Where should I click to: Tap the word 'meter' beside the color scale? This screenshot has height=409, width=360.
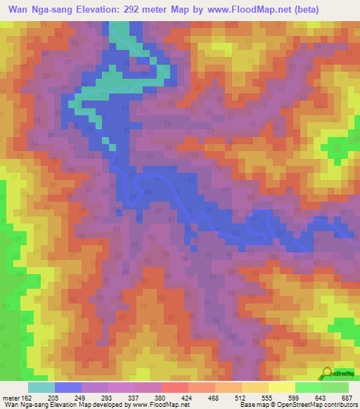tap(11, 397)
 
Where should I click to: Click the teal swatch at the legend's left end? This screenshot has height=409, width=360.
tap(41, 387)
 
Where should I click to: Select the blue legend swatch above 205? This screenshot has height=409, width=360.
tap(68, 387)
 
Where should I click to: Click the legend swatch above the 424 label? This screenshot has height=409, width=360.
tap(174, 387)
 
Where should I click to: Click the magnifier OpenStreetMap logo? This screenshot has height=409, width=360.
tap(326, 372)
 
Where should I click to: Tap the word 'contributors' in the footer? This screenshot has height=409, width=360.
tap(340, 405)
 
